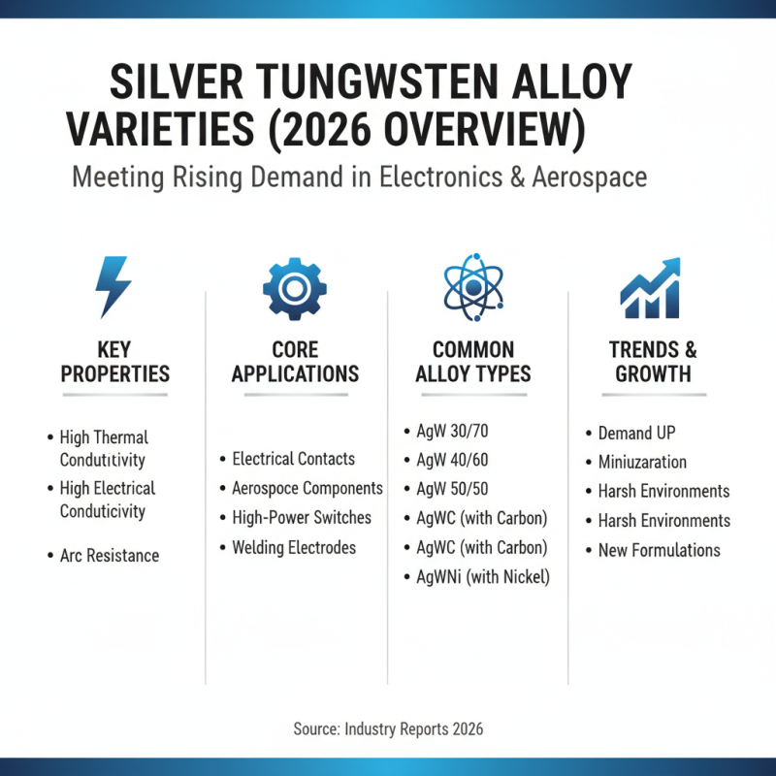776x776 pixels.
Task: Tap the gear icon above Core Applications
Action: click(x=295, y=286)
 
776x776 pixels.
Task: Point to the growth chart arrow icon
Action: click(x=651, y=287)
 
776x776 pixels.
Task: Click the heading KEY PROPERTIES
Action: click(x=114, y=362)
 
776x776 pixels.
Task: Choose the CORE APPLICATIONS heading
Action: click(x=295, y=362)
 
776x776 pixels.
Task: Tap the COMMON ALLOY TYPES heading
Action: click(x=473, y=362)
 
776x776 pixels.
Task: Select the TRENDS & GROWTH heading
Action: click(x=653, y=362)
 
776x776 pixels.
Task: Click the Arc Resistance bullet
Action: click(x=109, y=556)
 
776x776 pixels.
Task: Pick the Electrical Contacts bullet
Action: click(x=293, y=459)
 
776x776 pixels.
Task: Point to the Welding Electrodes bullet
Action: click(x=293, y=548)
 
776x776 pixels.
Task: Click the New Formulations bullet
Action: click(x=659, y=550)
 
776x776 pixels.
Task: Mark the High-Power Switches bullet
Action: click(x=301, y=518)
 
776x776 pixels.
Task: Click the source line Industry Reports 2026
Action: click(x=388, y=728)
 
